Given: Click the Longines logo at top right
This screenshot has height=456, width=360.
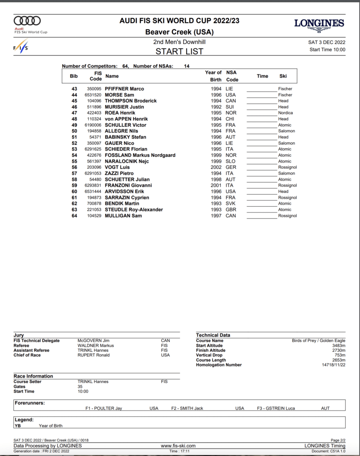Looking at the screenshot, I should [x=319, y=25].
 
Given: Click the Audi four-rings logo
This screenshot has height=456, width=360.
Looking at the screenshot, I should [x=27, y=20].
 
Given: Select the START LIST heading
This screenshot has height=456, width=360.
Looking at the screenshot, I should [x=179, y=51].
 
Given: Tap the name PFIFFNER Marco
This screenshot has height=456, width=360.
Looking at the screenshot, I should [x=124, y=89].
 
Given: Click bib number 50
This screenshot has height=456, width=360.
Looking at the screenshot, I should [x=74, y=131].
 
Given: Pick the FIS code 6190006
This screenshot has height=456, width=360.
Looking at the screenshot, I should [x=93, y=125].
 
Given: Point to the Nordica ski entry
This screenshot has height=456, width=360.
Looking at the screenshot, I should [x=286, y=113].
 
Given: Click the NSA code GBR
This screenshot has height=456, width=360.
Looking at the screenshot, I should [x=231, y=210].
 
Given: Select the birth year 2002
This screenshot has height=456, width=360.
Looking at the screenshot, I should [x=216, y=167].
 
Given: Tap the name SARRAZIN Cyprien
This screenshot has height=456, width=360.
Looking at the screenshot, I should [x=127, y=198].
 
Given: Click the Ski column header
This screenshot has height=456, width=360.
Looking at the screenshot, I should [x=283, y=76].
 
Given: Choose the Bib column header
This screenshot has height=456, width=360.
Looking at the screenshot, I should [x=74, y=76].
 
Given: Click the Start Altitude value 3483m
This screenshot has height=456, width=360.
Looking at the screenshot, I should [x=339, y=346].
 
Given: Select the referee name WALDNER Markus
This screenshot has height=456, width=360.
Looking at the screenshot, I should [x=96, y=346].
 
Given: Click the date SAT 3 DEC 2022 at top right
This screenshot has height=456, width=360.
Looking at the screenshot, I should [x=327, y=43].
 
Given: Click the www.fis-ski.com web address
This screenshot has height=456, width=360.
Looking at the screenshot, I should [x=178, y=446].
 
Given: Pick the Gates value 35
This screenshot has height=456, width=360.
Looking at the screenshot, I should [x=80, y=387].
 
